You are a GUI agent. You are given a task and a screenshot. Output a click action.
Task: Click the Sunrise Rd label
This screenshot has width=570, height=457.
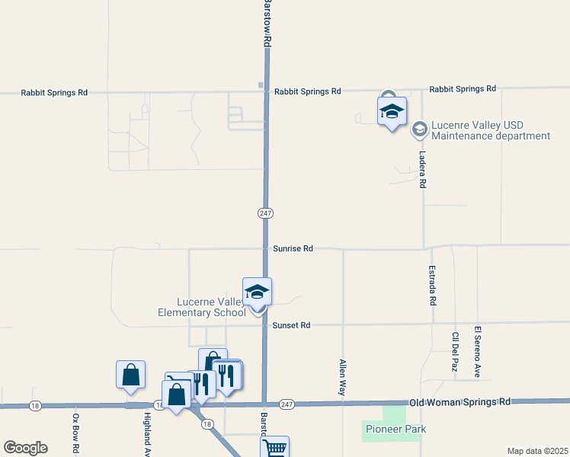pos(293,249)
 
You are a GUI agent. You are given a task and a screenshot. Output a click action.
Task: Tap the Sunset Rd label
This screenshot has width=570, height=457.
pos(291,325)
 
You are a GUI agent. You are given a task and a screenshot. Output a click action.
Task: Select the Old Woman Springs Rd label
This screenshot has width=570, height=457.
pos(460,401)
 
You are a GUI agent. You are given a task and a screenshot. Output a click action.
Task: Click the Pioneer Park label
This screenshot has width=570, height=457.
pos(395,430)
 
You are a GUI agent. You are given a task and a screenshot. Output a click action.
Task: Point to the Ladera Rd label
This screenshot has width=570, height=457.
pos(422,169)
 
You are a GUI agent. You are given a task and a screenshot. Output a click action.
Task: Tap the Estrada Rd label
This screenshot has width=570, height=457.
pos(432,286)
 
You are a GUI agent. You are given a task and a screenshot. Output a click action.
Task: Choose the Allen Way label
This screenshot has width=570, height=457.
pos(343,376)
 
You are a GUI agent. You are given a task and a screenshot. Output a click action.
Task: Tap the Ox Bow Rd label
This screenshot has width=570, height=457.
pos(75,433)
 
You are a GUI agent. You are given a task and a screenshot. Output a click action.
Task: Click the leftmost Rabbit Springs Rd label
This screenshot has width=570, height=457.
pos(54,93)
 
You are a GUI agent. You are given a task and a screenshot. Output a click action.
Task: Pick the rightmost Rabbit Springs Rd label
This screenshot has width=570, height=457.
pos(463,89)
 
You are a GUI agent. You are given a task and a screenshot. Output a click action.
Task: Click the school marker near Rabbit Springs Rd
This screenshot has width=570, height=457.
pos(392,111)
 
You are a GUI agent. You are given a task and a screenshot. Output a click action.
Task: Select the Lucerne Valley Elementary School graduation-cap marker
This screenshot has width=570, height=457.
pos(258,292)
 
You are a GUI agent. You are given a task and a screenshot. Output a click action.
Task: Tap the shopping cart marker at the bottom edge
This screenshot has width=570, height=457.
pos(274,448)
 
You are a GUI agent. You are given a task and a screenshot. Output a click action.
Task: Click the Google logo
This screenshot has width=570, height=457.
pos(25,448)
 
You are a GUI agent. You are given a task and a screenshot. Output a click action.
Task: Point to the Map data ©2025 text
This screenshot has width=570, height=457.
pos(537,451)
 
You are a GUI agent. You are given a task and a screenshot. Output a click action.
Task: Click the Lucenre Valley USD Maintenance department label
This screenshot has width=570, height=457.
pos(490,131)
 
